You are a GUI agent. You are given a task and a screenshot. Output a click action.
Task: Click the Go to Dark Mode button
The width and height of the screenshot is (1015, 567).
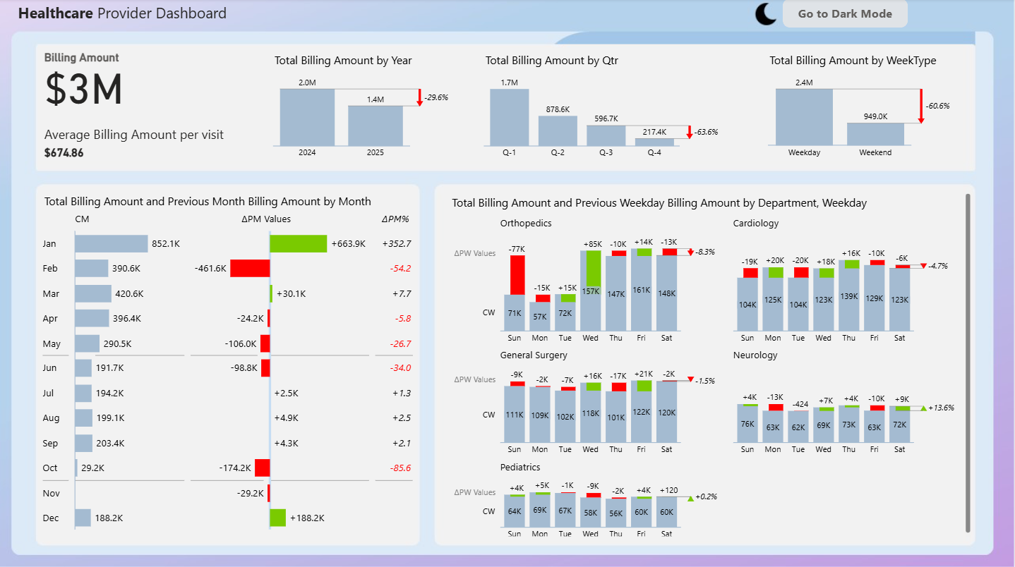[844, 14]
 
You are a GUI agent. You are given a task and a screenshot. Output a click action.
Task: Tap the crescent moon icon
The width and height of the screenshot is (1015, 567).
[765, 14]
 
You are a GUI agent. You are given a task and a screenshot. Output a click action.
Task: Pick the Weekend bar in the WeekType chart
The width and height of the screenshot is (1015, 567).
[875, 134]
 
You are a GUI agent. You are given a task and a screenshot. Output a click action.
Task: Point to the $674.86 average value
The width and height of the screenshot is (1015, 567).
[64, 152]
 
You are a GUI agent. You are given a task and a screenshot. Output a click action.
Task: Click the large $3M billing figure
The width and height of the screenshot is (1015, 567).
[84, 90]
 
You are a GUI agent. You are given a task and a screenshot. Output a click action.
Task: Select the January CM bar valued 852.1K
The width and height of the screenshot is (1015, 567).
[111, 243]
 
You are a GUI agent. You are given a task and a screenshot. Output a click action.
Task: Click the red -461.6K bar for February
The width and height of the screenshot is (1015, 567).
[250, 268]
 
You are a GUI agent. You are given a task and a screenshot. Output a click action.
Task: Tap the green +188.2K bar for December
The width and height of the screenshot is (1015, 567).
[277, 518]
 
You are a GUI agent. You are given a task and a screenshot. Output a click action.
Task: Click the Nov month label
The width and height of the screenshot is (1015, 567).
[51, 494]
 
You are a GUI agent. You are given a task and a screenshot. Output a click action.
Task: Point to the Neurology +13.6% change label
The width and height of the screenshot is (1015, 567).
[941, 408]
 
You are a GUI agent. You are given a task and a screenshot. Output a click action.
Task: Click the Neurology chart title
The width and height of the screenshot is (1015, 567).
[755, 355]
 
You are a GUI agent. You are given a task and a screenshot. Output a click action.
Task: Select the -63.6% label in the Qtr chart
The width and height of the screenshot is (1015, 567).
[706, 132]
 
